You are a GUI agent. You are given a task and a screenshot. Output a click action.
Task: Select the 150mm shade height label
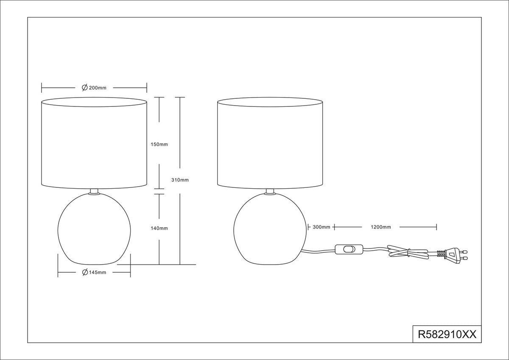pyautogui.click(x=159, y=145)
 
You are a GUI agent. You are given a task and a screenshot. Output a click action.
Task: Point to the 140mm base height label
pyautogui.click(x=159, y=228)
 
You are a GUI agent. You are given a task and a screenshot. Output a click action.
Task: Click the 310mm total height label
pyautogui.click(x=180, y=180)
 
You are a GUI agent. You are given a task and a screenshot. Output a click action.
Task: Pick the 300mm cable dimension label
pyautogui.click(x=322, y=227)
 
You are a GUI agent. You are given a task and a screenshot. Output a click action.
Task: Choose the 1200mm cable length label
pyautogui.click(x=381, y=227)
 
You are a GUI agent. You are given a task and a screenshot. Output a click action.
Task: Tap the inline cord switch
pyautogui.click(x=349, y=249)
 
